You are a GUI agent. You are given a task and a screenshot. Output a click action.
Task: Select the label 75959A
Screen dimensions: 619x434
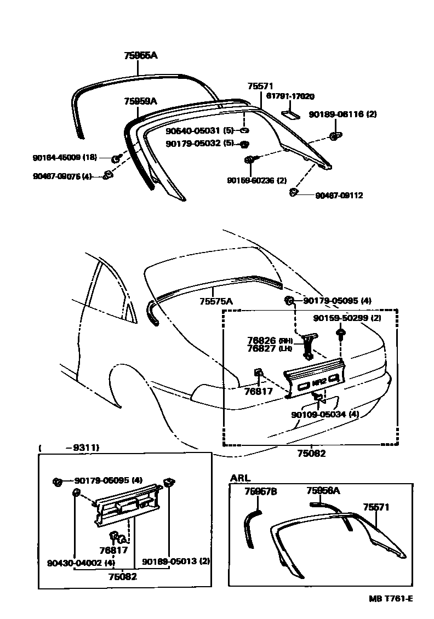point(140,101)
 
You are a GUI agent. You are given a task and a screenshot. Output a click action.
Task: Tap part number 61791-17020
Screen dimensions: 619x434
point(290,96)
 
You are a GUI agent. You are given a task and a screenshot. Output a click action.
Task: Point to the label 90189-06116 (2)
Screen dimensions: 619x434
point(342,114)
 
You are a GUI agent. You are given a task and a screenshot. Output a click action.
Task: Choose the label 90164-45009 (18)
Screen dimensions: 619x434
point(65,158)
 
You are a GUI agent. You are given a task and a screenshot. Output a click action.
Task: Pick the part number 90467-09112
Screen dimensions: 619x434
point(339,195)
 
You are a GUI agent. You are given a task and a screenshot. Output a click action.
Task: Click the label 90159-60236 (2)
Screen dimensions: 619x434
point(257,180)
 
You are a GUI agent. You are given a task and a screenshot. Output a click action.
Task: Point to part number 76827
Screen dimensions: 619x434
point(262,348)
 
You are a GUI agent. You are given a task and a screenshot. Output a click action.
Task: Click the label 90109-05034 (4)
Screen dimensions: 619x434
point(325,414)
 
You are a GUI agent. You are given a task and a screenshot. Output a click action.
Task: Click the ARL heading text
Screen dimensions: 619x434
point(240,478)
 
